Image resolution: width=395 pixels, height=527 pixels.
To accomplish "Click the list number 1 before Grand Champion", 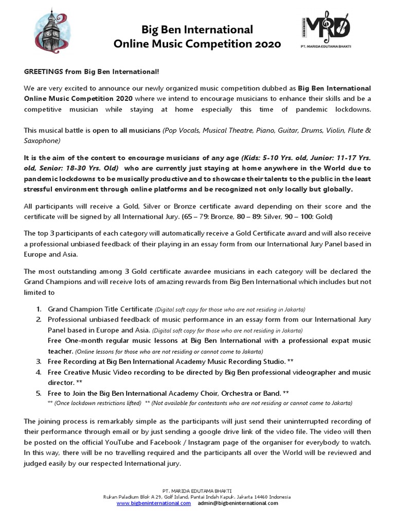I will click(x=39, y=309).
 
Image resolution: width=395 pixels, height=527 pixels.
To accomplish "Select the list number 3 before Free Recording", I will click(x=39, y=362).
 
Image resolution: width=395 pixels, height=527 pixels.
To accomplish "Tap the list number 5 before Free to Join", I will click(x=39, y=393).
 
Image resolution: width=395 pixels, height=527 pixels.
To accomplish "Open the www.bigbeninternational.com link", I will click(x=153, y=503).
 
